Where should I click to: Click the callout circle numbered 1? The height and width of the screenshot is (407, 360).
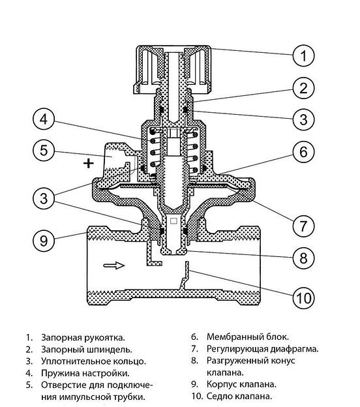[303, 55]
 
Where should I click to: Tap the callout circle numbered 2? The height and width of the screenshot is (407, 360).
[303, 88]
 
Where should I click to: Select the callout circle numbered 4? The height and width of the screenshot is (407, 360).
[44, 119]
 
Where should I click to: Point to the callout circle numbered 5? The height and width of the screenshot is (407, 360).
[44, 150]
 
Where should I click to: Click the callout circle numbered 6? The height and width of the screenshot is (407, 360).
[303, 152]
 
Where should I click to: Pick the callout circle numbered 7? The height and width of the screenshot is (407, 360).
[303, 226]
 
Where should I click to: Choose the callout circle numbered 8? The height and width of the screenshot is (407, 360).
[303, 258]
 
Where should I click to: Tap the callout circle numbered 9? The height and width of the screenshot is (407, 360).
[44, 241]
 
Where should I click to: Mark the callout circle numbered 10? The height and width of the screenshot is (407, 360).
[303, 297]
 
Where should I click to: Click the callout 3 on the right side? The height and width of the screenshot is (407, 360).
[303, 119]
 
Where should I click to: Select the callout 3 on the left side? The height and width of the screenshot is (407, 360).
[44, 198]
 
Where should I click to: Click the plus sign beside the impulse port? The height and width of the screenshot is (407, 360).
[88, 163]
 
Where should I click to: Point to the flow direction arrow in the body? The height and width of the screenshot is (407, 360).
[114, 265]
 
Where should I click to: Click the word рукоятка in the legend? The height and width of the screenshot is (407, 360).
[104, 338]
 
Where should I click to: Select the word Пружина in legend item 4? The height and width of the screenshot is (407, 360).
[60, 373]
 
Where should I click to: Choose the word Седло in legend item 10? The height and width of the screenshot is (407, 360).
[219, 397]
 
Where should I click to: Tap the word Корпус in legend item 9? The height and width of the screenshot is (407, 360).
[221, 384]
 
